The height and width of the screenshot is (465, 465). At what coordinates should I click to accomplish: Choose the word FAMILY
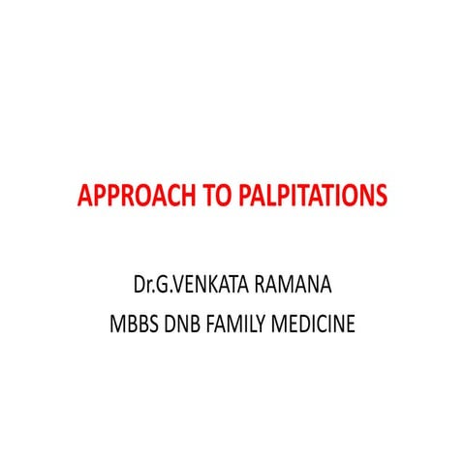point(246,323)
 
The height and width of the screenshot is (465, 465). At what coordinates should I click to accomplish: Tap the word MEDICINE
point(321,323)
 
